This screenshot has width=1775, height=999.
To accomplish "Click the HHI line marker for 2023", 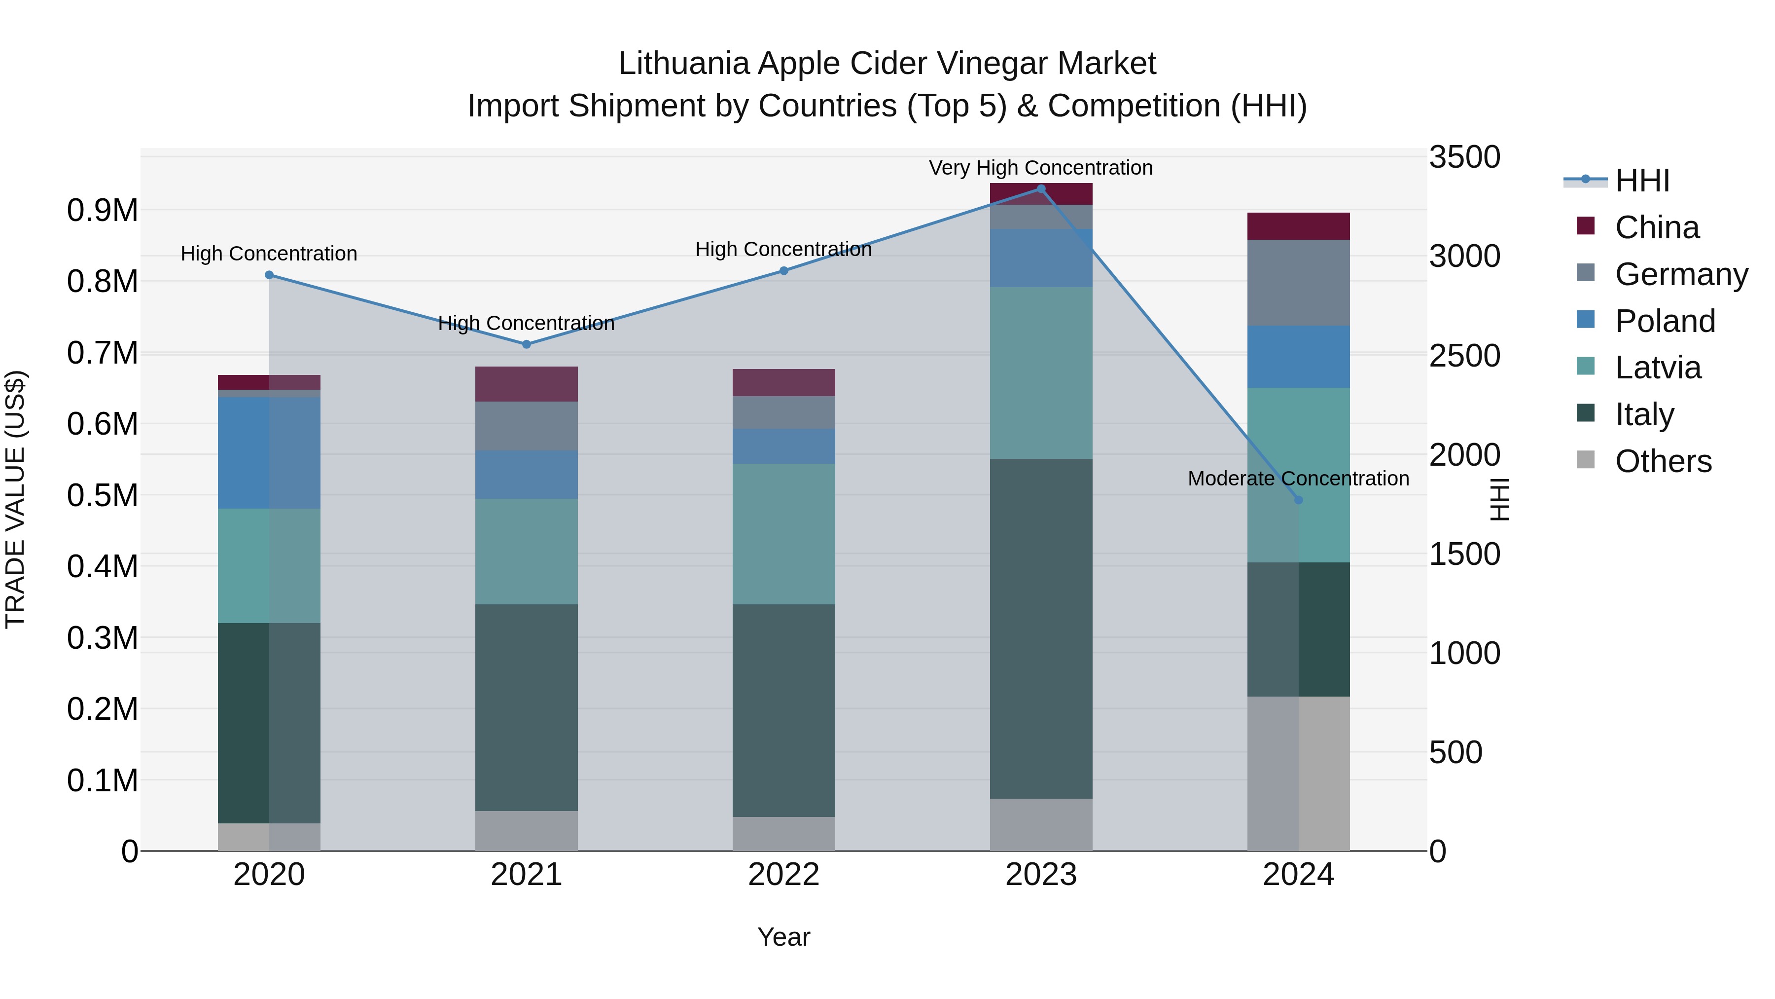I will point(1040,189).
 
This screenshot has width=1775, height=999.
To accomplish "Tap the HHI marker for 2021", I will point(527,344).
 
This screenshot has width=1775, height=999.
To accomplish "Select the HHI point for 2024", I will point(1298,500).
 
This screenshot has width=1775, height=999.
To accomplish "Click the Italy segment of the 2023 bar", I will point(1040,628).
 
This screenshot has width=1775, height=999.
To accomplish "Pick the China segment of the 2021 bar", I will point(527,384).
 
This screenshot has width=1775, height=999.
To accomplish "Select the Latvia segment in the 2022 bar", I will point(783,534).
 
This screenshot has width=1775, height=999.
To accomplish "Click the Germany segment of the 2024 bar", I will point(1298,283).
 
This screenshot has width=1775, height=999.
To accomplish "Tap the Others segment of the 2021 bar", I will point(527,830).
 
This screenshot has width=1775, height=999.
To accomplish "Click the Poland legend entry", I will point(1664,321).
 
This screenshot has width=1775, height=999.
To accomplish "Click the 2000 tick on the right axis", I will point(1464,455).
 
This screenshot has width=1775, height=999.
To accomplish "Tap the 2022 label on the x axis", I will point(783,875).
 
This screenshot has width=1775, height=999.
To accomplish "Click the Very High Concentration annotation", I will point(1040,168).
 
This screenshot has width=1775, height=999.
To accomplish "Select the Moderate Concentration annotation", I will point(1298,479).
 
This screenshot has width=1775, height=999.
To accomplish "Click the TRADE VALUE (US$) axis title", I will point(15,499).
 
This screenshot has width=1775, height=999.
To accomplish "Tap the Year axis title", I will point(783,937).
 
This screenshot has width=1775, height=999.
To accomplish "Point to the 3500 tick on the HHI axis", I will point(1464,157).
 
